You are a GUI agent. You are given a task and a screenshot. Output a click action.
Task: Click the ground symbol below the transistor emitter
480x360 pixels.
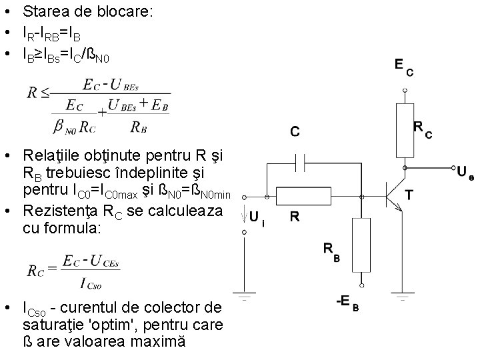pyautogui.click(x=400, y=291)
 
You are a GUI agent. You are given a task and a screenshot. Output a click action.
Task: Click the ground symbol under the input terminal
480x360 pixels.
pyautogui.click(x=245, y=291)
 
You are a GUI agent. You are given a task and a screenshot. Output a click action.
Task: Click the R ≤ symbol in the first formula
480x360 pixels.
pyautogui.click(x=37, y=93)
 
